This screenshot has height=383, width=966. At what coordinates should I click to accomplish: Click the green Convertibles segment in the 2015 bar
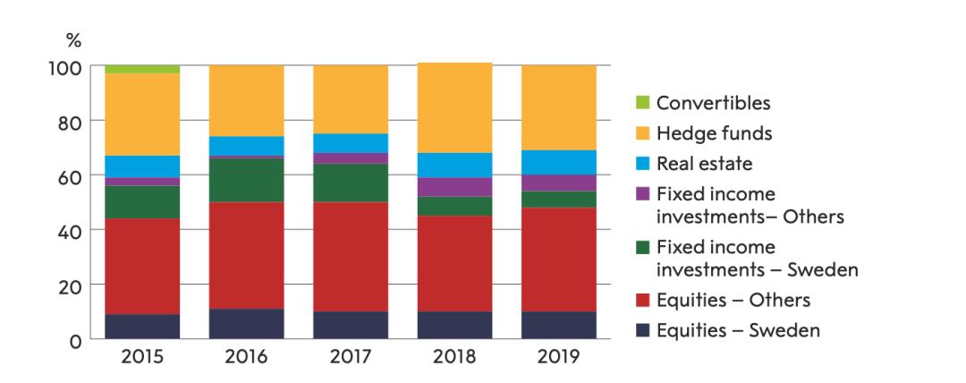(x=142, y=69)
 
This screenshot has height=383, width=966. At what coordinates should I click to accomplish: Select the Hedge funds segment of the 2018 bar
(x=454, y=108)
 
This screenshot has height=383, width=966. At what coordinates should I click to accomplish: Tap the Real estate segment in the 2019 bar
(x=559, y=162)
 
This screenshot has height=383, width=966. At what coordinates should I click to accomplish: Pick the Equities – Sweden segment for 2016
(x=246, y=324)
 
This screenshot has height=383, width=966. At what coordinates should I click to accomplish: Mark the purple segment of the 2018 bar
(x=454, y=187)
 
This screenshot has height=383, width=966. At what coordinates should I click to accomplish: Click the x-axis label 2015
(x=142, y=357)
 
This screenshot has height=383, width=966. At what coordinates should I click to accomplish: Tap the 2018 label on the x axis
(x=454, y=357)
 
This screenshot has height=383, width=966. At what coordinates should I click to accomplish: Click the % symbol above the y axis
(x=74, y=41)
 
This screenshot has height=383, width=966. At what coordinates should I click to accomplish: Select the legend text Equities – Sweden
(x=738, y=330)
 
